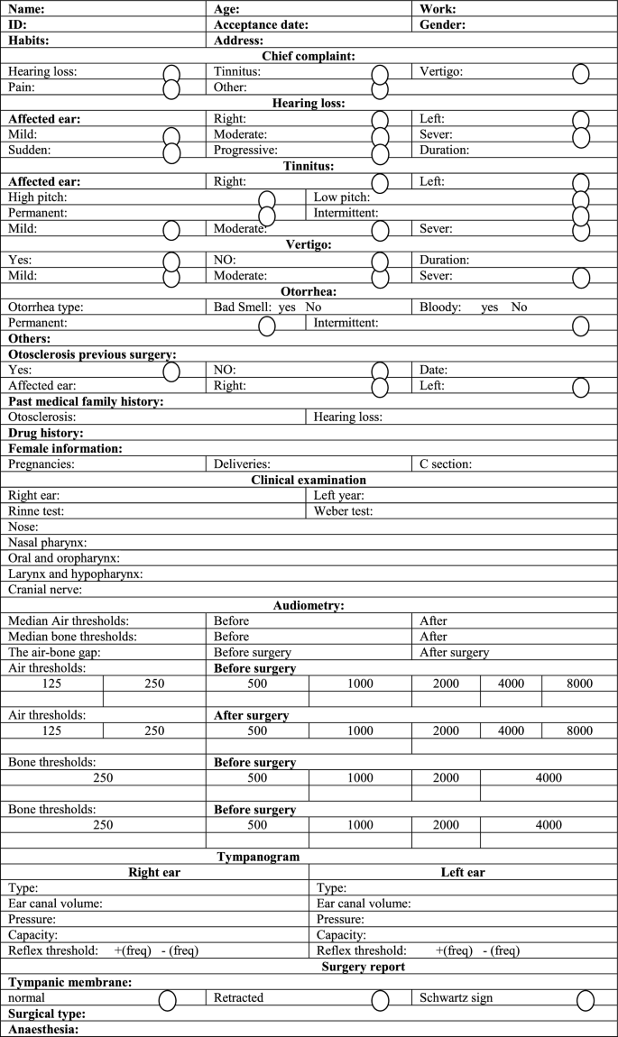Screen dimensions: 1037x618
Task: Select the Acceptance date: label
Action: tap(261, 25)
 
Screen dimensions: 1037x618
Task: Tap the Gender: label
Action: tap(442, 25)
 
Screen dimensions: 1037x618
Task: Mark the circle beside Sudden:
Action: tap(171, 151)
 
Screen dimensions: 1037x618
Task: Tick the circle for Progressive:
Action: tap(380, 151)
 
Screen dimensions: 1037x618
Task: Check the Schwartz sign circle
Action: tap(586, 1000)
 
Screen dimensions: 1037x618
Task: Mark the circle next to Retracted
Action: tap(380, 1000)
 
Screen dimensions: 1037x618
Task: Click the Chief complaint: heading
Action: tap(309, 56)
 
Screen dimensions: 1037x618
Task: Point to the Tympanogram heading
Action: tap(309, 856)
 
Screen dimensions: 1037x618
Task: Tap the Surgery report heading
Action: tap(363, 967)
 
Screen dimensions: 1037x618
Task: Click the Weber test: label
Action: tap(343, 511)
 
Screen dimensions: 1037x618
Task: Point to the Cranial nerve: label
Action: tap(45, 590)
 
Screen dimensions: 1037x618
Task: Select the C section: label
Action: tap(446, 464)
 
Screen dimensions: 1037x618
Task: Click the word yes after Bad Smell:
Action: tap(288, 307)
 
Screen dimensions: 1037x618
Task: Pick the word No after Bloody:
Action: tap(519, 307)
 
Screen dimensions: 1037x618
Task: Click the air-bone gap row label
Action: tap(54, 652)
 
